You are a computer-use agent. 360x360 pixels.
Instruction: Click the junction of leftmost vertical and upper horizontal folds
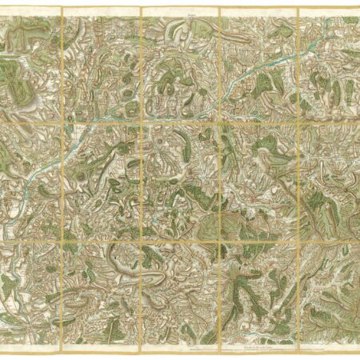[62, 121]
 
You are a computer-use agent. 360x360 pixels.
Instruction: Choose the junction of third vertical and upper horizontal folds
[219, 121]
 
